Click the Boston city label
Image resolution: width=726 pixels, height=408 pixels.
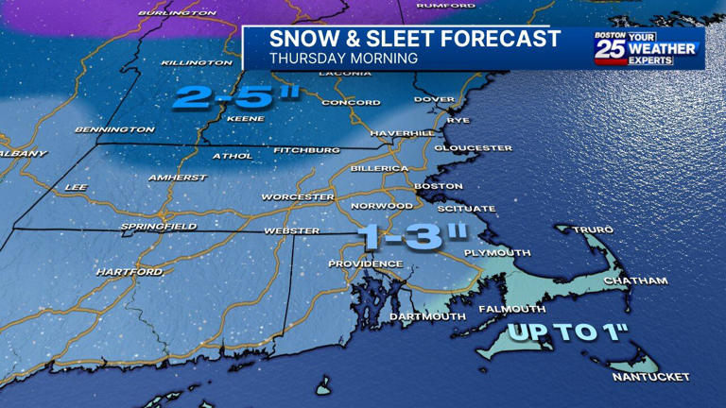tap(438, 186)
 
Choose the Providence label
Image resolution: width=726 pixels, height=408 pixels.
tap(365, 263)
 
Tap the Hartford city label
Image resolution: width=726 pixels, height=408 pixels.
tap(129, 272)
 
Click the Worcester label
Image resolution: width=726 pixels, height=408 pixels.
tap(298, 196)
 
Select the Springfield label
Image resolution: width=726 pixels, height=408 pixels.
tap(158, 227)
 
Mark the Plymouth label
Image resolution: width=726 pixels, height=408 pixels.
tap(496, 253)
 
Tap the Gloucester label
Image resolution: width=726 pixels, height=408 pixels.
tap(473, 148)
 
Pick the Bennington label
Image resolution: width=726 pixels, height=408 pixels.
tap(114, 129)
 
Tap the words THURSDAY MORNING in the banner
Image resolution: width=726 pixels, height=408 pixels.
tap(343, 58)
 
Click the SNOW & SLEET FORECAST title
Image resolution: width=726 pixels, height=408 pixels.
tap(414, 39)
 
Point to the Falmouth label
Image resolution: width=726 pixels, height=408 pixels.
tap(511, 309)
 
